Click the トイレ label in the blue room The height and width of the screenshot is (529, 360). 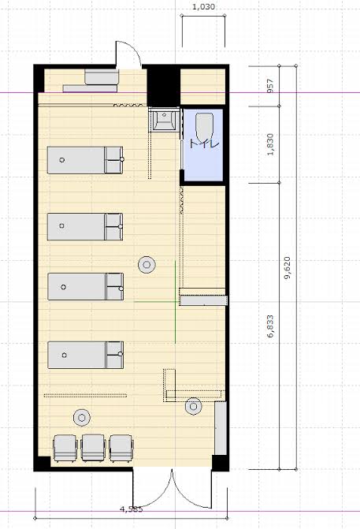point(204,143)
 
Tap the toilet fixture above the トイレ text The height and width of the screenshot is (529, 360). point(205,127)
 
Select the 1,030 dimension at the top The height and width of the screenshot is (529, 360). point(203,7)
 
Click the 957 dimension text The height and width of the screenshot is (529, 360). point(270,86)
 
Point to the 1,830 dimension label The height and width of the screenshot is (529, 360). point(270,144)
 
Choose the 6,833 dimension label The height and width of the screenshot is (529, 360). point(270,326)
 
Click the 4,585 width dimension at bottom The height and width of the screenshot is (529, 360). point(132,509)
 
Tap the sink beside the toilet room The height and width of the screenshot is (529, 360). point(164,120)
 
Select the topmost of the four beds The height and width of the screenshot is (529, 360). point(85,160)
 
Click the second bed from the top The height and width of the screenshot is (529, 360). point(85,226)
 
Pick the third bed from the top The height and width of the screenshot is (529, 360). point(86,286)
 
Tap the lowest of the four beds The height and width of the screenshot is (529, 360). point(86,355)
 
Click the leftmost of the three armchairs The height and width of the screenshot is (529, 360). point(65,448)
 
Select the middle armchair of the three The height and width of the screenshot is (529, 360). point(94,448)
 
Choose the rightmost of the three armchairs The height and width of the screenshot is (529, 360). point(121,448)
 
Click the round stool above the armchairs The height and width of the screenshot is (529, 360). point(82,418)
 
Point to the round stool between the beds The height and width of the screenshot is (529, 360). point(147,265)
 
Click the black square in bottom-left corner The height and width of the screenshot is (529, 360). point(43,462)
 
